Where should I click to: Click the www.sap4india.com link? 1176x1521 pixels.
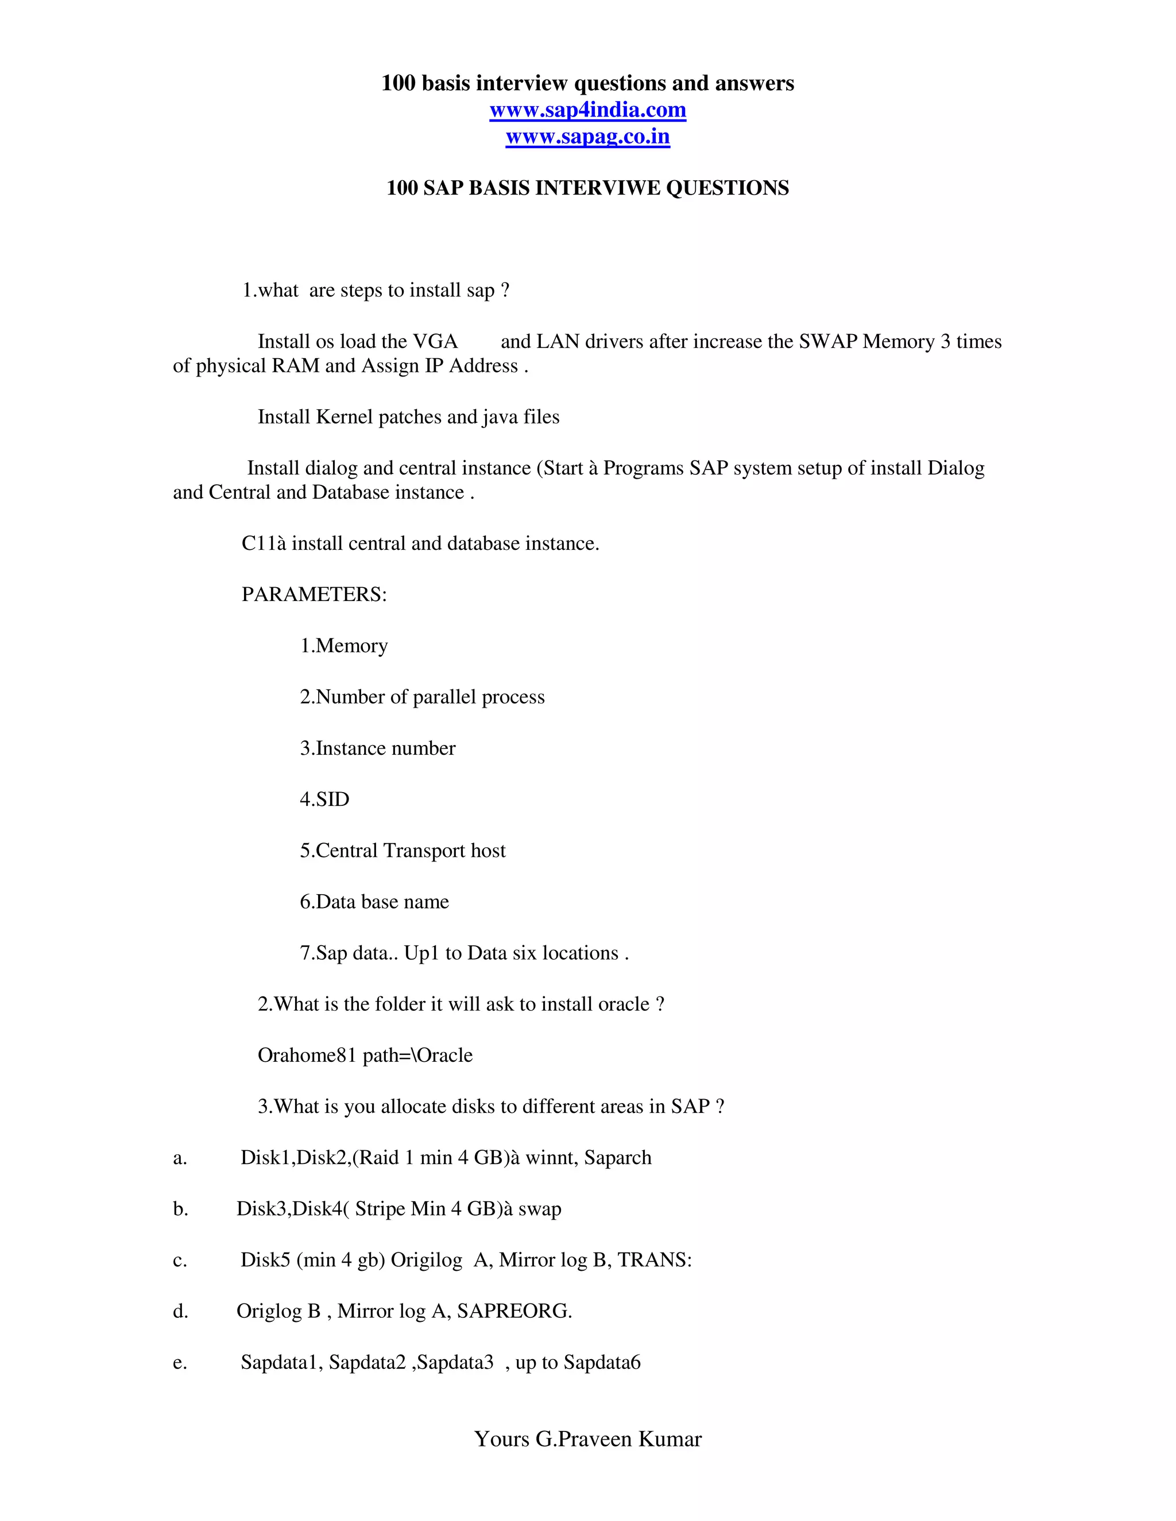point(587,110)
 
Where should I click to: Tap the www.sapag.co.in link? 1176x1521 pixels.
point(587,137)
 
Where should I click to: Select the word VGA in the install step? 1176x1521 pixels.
point(435,342)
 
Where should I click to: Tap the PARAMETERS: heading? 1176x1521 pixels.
point(314,594)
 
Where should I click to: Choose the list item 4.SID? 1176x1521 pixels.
point(324,799)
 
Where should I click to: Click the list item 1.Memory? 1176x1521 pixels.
point(343,646)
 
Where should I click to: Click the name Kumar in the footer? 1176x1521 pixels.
point(670,1439)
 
